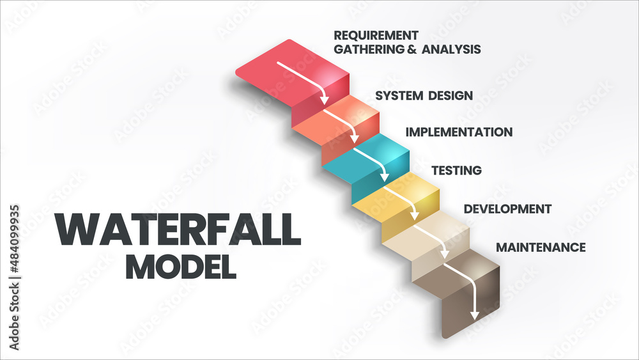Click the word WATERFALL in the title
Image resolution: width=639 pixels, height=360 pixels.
[178, 230]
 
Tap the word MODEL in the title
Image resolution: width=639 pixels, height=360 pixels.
[181, 266]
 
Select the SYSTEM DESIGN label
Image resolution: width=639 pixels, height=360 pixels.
[424, 96]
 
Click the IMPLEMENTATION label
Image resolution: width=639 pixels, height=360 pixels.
[459, 132]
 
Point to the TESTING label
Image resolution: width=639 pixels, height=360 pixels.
[456, 171]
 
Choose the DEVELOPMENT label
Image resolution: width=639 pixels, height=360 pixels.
[507, 209]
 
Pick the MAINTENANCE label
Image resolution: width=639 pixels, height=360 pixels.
[541, 247]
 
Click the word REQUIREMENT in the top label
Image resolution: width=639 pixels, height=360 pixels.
[376, 35]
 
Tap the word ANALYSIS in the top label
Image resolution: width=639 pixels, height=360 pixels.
[449, 49]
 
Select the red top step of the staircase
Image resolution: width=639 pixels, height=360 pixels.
[288, 70]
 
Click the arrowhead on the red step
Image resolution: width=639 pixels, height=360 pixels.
[324, 100]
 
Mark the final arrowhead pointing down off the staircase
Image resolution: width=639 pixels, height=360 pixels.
[474, 314]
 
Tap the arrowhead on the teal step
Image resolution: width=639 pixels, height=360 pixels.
[385, 177]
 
